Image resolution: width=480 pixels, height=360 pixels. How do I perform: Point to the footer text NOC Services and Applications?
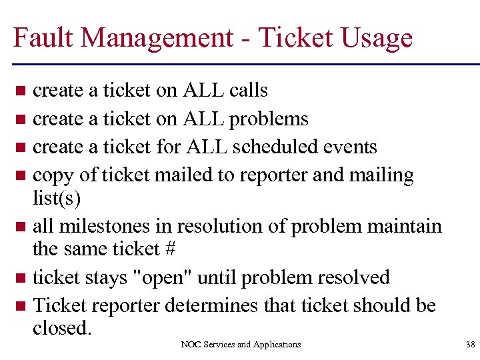241,345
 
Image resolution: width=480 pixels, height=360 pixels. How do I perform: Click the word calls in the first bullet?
248,90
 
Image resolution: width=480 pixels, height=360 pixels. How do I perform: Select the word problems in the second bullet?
269,119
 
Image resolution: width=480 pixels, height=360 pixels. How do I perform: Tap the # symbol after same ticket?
169,249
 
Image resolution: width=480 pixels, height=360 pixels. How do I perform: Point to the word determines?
212,306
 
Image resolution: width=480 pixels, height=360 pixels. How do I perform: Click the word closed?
61,328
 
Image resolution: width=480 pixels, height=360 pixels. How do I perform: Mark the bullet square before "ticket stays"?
21,278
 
